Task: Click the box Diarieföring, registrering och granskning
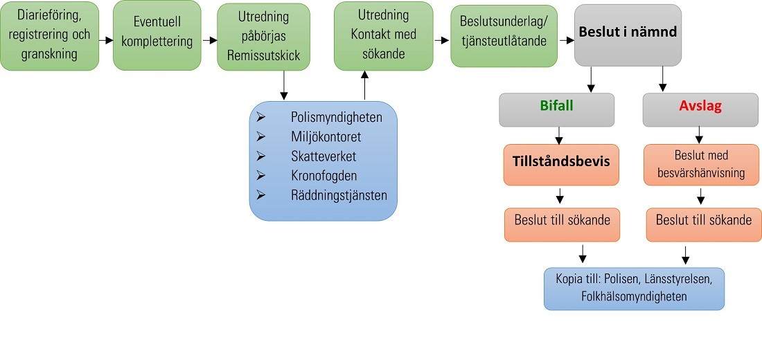tap(49, 35)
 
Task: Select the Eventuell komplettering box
tap(157, 35)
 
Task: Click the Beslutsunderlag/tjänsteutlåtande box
tap(503, 35)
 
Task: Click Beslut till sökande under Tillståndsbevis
tap(562, 221)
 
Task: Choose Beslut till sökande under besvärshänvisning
tap(703, 221)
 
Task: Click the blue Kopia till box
tap(635, 288)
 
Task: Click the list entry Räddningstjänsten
tap(339, 195)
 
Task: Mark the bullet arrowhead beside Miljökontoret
tap(260, 137)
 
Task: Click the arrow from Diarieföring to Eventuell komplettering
tap(106, 40)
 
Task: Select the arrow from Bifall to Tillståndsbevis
tap(558, 135)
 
